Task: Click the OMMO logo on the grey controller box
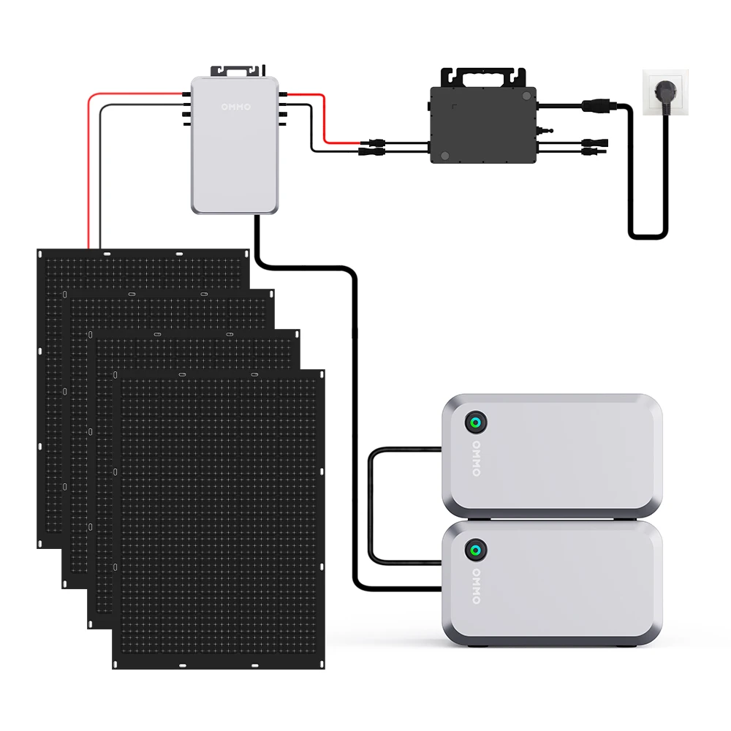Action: [235, 107]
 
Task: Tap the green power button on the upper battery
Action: [477, 423]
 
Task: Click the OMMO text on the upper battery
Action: [477, 458]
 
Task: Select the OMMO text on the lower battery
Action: [477, 586]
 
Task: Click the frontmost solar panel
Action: [219, 519]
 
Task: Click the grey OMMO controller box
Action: [235, 157]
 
